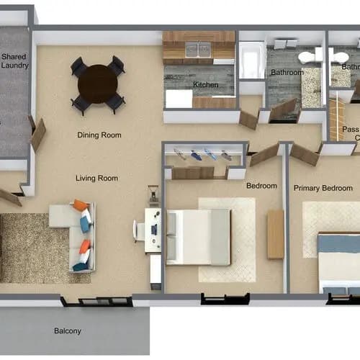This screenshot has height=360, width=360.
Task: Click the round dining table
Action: tap(98, 84)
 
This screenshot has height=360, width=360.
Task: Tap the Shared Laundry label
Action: tap(14, 60)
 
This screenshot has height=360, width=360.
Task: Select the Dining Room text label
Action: tap(99, 135)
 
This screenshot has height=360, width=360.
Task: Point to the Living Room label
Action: tap(96, 178)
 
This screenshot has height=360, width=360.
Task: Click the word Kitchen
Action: tap(205, 85)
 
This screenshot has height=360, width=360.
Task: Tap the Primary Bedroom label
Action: tap(323, 188)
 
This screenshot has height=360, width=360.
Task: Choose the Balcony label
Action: tap(68, 331)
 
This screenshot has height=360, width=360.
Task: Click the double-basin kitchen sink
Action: tap(198, 50)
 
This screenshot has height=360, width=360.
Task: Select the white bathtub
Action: tap(252, 60)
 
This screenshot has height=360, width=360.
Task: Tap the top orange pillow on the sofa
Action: tap(81, 206)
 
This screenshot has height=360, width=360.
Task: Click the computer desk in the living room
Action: tap(153, 230)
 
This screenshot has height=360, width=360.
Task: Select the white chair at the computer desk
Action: tap(138, 230)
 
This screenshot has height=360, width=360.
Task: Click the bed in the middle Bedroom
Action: tap(198, 237)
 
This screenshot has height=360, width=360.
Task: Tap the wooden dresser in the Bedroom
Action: tap(275, 234)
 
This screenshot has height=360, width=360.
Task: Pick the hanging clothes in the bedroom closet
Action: tap(202, 154)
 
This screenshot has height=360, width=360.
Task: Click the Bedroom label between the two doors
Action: tap(261, 186)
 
